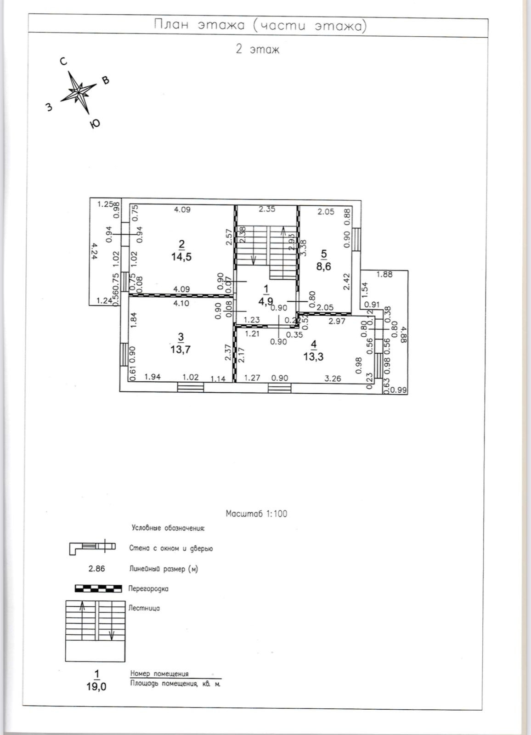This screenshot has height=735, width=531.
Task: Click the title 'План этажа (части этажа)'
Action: point(260,26)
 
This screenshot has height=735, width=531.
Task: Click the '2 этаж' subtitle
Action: point(257,49)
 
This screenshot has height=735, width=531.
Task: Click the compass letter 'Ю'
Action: point(95,124)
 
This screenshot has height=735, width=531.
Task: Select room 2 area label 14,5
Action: point(182,257)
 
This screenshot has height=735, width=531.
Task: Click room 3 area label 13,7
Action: point(181,349)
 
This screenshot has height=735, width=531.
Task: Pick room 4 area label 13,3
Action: point(314,356)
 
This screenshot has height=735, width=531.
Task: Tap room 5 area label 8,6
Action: point(324,266)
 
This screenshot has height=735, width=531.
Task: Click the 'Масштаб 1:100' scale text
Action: point(256,514)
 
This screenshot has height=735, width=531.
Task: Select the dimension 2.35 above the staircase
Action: point(266,209)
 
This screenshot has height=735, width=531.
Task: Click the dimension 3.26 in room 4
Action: point(333,378)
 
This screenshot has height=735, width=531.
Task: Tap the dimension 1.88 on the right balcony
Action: point(384,275)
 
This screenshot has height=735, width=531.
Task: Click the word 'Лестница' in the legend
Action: point(145,608)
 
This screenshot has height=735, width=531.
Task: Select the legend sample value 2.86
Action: point(96,569)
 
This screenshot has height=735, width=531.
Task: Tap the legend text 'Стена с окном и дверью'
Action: point(171,548)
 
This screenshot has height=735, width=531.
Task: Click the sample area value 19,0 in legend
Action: point(96,687)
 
